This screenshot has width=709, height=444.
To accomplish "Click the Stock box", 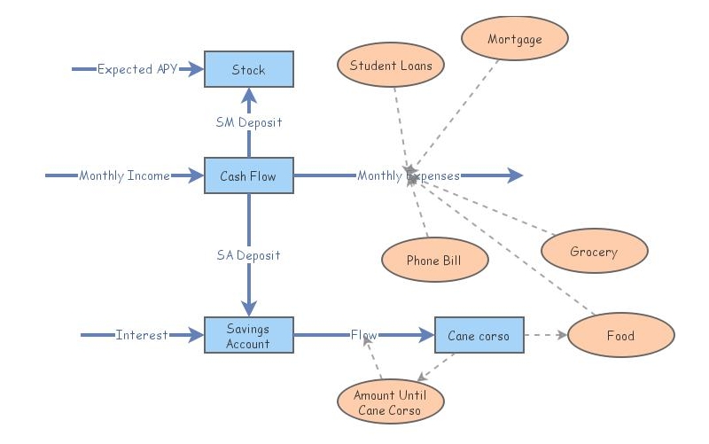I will click(248, 69).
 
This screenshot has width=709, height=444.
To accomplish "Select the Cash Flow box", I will click(248, 175).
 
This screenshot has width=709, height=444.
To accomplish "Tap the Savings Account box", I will click(248, 335).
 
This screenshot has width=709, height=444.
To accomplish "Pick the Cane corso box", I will click(479, 335).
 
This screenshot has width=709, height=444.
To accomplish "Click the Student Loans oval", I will click(390, 66).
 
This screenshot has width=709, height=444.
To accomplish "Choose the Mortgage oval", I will click(514, 39).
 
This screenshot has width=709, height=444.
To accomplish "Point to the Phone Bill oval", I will click(434, 261).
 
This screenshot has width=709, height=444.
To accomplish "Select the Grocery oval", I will click(594, 252).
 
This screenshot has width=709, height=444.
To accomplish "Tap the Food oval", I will click(620, 336).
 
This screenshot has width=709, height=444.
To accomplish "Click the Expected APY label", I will click(137, 69).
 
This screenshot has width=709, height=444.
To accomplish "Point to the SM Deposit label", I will click(248, 122).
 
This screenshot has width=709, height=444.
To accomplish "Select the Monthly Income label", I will click(124, 175).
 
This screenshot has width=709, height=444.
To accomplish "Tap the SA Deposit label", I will click(248, 255).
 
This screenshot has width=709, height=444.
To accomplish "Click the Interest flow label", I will click(142, 335).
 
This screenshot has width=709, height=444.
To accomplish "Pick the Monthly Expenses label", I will click(409, 175).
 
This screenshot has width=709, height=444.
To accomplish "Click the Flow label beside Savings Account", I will click(363, 335).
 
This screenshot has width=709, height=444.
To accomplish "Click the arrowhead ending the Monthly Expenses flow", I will click(515, 175).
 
